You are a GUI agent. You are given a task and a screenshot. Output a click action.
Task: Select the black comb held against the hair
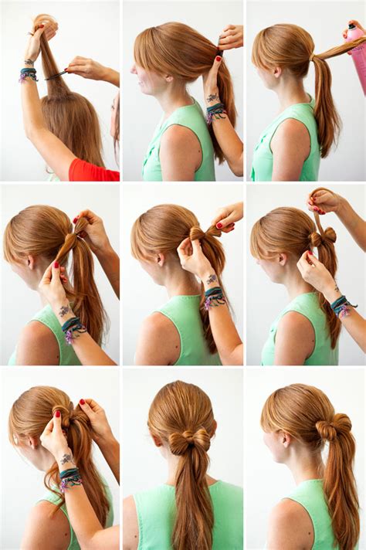pos(56,75)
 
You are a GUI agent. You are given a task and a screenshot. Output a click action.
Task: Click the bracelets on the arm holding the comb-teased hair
pos(29,74)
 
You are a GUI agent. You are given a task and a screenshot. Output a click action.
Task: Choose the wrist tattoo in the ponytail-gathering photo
pos(212,98)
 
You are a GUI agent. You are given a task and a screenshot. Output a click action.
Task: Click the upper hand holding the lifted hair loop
pos(324,200)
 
